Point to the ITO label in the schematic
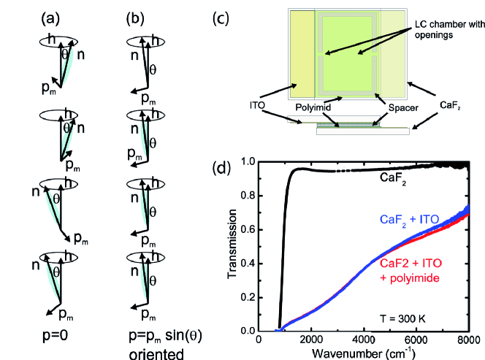tap(256, 104)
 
